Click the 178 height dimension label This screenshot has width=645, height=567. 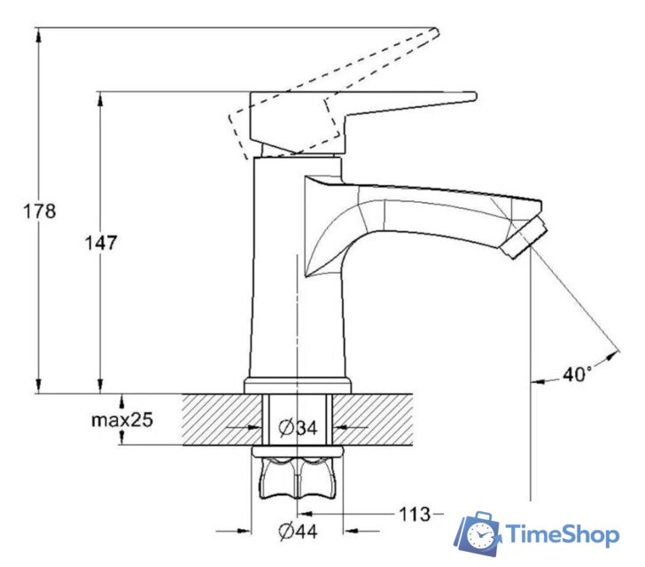click(39, 212)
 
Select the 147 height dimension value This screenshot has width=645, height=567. click(101, 243)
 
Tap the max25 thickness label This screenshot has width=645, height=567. click(122, 420)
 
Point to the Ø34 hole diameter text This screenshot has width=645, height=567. click(299, 428)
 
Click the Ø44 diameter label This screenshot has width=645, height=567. click(299, 532)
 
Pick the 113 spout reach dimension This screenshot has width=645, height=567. click(415, 514)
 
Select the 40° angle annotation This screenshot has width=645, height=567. click(577, 374)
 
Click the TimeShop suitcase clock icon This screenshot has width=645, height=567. click(478, 533)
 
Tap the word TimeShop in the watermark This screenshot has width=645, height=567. click(563, 534)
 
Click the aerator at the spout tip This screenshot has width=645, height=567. click(524, 238)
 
